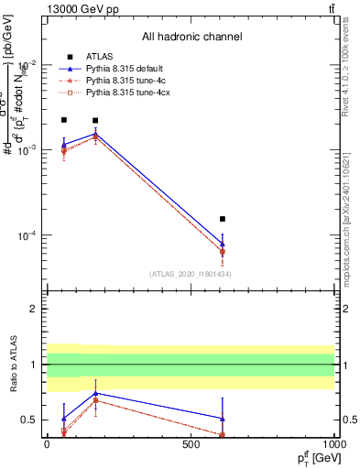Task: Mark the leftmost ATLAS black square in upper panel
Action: point(64,120)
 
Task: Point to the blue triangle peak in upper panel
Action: point(95,134)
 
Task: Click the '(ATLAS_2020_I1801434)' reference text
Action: point(191,274)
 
